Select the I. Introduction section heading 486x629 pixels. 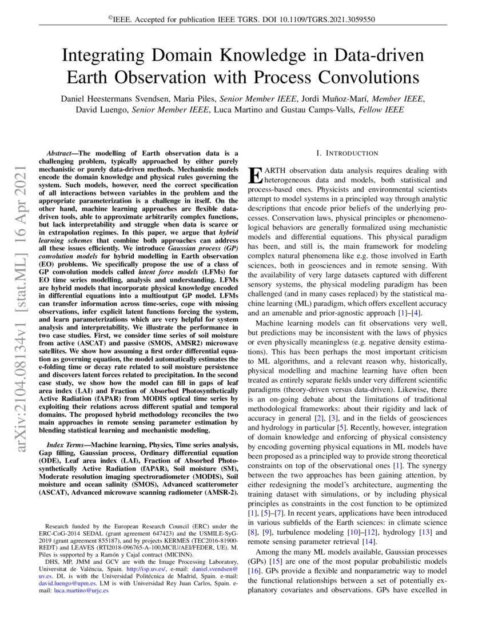tap(347, 153)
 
